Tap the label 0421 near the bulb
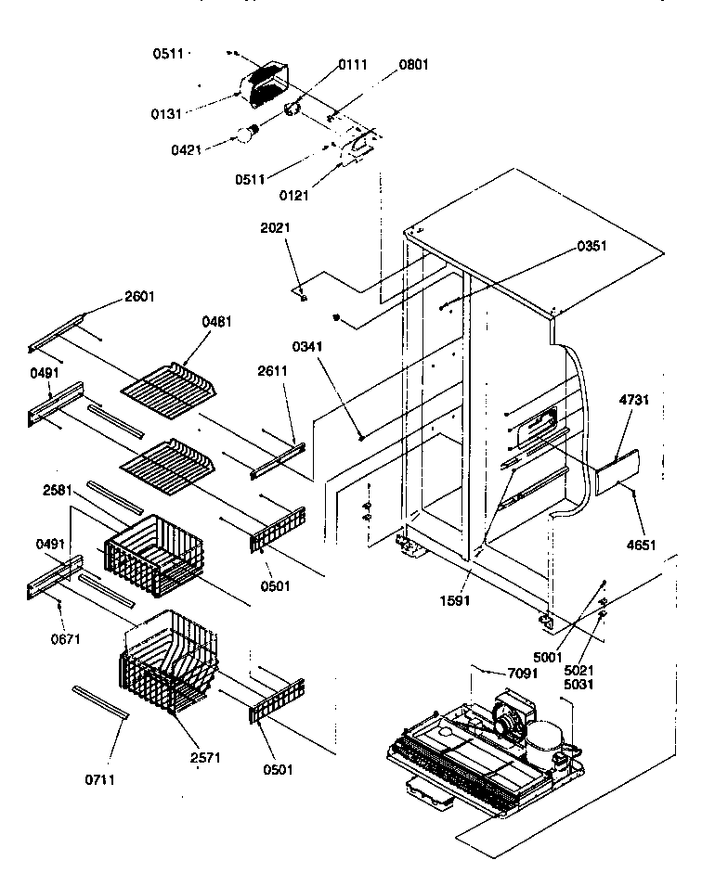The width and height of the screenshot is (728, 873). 187,148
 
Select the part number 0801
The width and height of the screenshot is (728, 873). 414,65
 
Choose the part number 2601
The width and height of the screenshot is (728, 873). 140,297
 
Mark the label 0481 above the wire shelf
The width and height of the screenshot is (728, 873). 216,322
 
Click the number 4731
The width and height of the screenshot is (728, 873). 633,402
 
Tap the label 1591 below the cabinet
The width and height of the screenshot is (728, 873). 456,600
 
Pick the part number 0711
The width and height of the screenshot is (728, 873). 99,779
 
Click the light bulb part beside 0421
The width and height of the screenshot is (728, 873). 247,135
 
